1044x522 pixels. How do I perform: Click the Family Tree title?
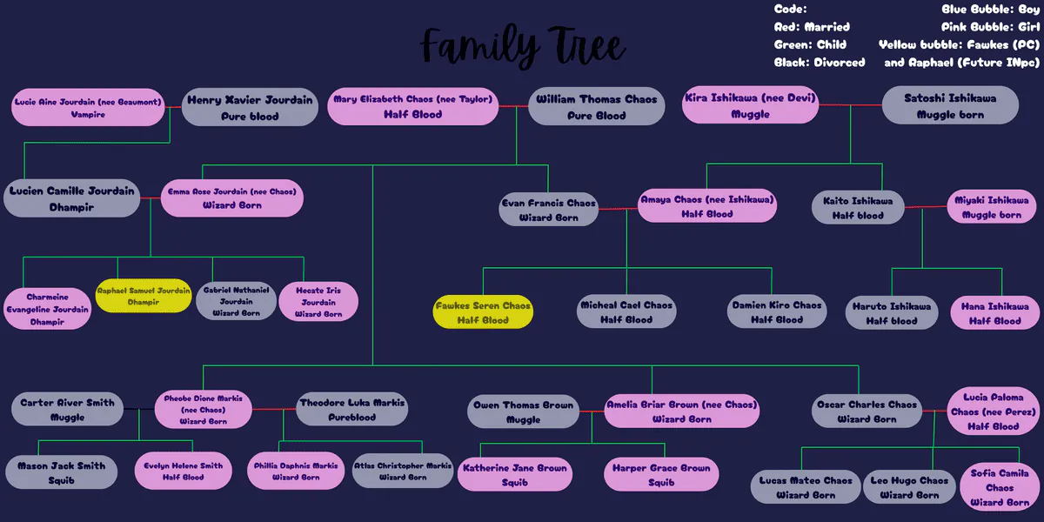[x=523, y=47]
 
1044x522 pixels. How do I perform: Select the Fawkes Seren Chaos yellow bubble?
[x=483, y=312]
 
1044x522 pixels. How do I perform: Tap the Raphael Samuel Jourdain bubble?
[x=144, y=296]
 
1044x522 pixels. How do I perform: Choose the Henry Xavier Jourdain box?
[x=250, y=107]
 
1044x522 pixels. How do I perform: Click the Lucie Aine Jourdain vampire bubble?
[x=88, y=107]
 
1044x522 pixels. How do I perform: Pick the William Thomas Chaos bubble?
[x=597, y=107]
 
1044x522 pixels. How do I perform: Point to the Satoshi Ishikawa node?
[x=950, y=106]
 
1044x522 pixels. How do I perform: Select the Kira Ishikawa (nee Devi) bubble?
[x=750, y=105]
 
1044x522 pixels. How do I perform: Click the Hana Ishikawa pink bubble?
[x=995, y=313]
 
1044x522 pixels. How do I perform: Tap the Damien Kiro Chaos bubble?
[x=777, y=311]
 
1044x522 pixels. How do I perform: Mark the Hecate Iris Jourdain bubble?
[x=318, y=302]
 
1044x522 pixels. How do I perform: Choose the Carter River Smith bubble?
[x=68, y=409]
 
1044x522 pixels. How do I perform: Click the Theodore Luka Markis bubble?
[x=351, y=409]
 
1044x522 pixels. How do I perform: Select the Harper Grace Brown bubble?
[x=661, y=474]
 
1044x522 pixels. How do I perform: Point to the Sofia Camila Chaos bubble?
[x=1000, y=487]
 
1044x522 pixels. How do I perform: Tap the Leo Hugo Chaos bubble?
[x=909, y=487]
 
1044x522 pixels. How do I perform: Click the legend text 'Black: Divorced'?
[x=820, y=63]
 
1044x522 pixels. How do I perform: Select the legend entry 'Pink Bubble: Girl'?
[x=990, y=27]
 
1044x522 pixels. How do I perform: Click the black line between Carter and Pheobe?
[x=139, y=409]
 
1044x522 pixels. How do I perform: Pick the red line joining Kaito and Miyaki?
[x=926, y=207]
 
